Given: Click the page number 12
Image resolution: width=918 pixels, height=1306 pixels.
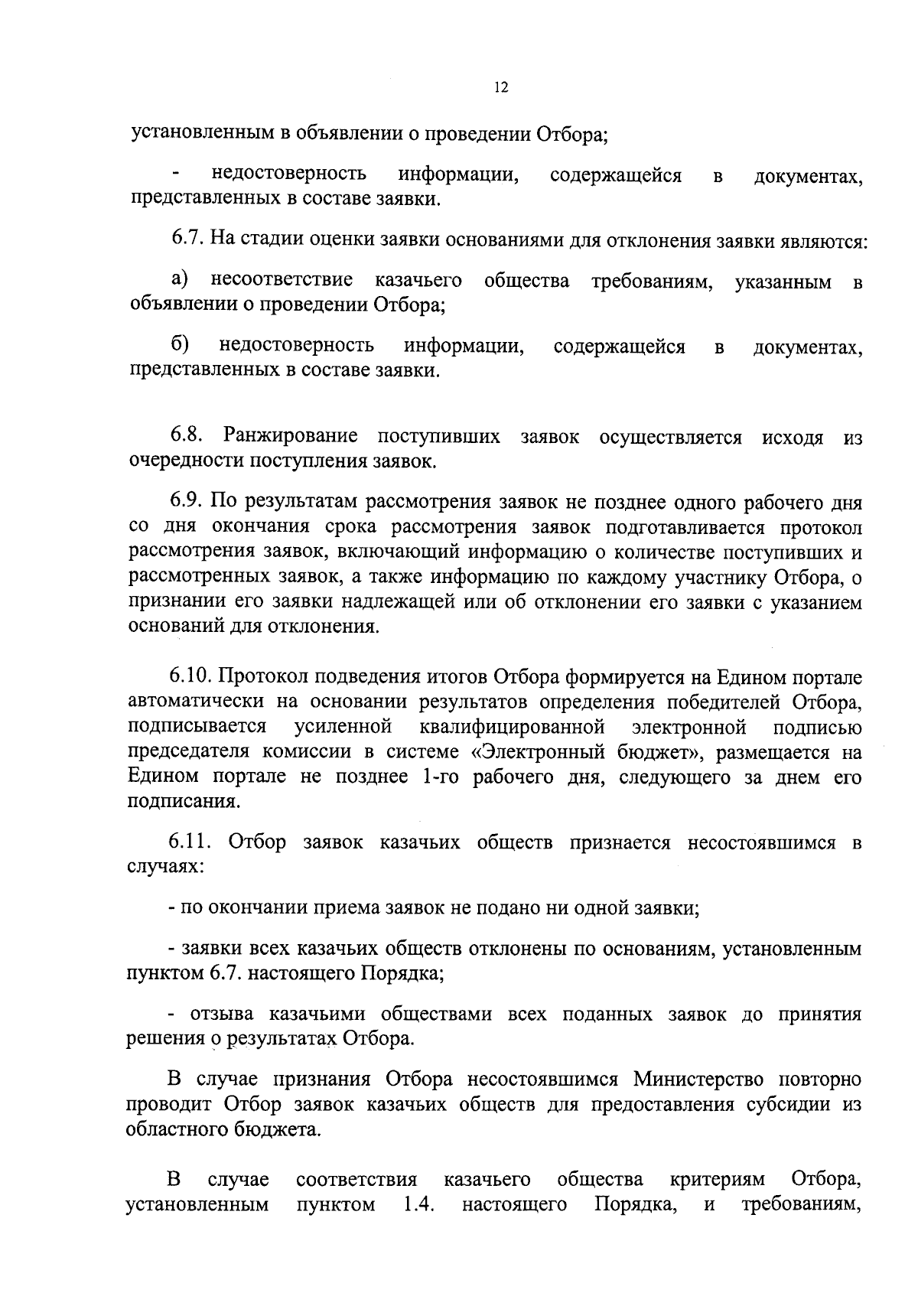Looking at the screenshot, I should point(501,87).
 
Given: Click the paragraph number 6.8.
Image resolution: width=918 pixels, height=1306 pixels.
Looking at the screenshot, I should point(187,437).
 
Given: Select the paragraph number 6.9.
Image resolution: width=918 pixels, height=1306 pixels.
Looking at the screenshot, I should point(187,503).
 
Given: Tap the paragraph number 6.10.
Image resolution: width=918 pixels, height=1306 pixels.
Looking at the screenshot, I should point(191,677).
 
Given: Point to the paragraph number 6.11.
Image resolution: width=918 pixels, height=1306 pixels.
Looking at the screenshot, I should point(191,843).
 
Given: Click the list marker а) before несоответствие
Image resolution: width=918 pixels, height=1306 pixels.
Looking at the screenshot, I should point(180,281).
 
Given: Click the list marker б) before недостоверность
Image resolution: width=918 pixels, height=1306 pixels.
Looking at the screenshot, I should point(180,346).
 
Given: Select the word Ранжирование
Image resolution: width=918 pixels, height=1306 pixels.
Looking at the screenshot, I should point(291,437).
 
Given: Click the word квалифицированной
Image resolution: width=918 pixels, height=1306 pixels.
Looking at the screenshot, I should point(513,726).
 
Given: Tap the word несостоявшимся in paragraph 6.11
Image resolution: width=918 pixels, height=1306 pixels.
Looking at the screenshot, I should point(762,843).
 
